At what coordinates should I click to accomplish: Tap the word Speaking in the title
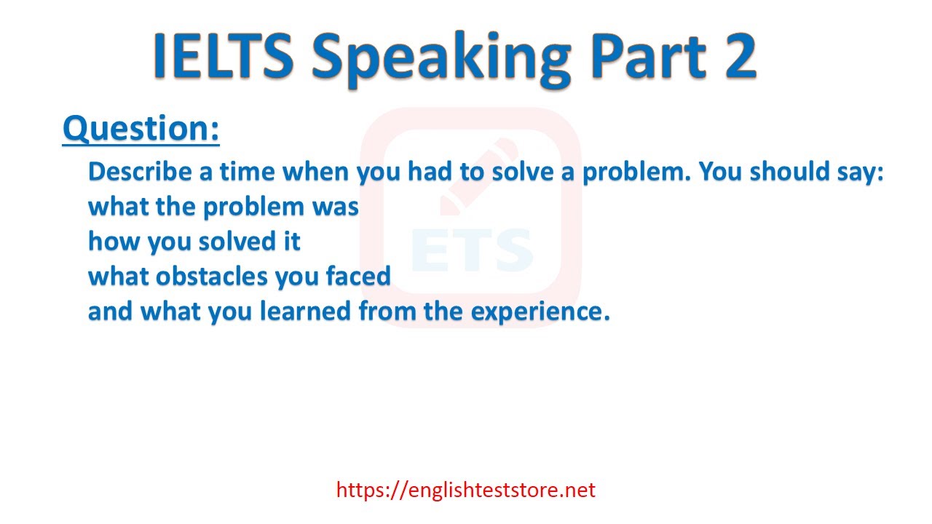[441, 58]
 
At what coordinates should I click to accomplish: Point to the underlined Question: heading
[141, 129]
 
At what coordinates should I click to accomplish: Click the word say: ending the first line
[859, 173]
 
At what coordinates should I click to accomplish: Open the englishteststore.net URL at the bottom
[466, 490]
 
